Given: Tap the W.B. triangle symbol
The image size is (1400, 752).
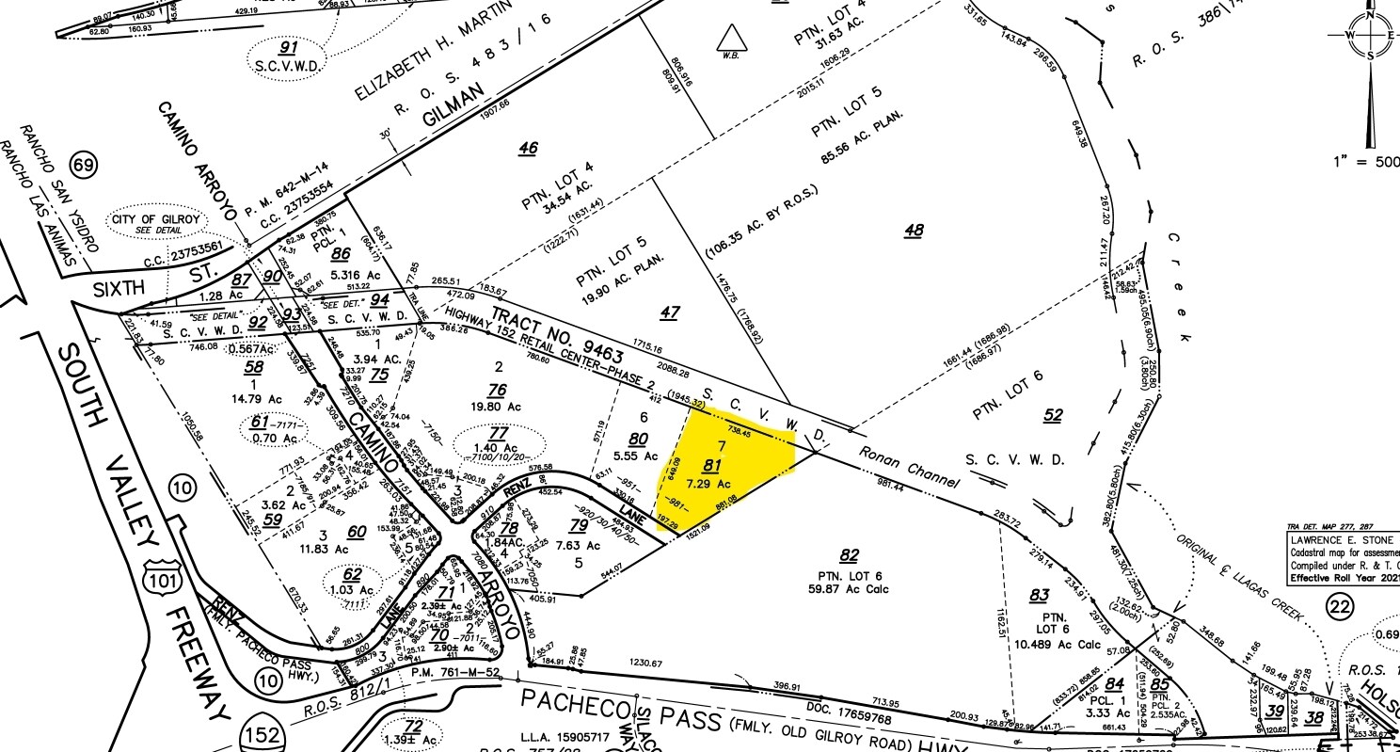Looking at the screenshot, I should coord(730,40).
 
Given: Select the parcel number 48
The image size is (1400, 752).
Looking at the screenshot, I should coord(913,230).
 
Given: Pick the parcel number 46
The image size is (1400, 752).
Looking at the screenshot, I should coord(528,148).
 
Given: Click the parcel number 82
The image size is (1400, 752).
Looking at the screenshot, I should coord(850,554).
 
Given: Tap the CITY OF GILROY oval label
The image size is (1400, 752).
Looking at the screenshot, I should coord(156,225).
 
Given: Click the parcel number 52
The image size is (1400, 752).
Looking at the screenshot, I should coord(1053,414).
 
